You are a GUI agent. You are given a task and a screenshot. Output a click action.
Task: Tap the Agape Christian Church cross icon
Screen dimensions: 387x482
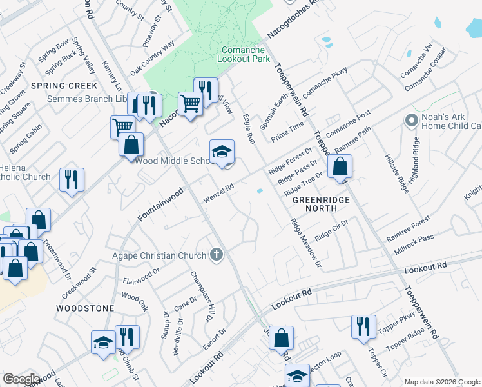[216, 255]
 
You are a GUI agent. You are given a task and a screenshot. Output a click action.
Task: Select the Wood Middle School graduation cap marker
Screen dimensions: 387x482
[222, 153]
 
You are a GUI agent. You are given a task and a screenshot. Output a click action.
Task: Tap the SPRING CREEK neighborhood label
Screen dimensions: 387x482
[70, 86]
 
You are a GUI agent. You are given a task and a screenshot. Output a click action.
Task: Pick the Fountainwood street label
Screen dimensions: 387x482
[160, 205]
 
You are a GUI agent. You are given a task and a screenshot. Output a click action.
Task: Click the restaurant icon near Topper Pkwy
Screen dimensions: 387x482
[363, 326]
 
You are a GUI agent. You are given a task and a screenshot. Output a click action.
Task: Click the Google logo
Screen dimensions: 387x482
[21, 379]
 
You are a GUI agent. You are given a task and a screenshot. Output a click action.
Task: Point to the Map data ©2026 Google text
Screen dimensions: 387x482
[442, 382]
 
